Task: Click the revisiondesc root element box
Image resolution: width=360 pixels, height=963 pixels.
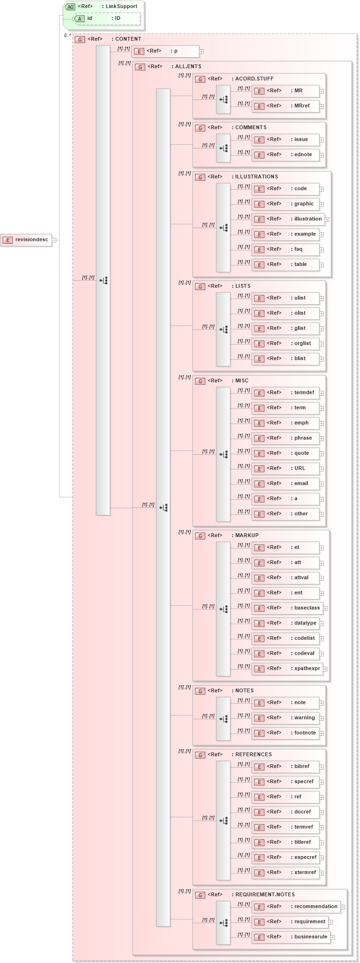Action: pos(26,240)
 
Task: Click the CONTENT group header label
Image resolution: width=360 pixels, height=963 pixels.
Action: pos(128,39)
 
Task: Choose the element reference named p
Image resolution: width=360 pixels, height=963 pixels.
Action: pos(166,51)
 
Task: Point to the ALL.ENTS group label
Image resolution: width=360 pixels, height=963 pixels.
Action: pos(188,67)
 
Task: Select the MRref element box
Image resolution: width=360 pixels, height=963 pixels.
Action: pos(286,106)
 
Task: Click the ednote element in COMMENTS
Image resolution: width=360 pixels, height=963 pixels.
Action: pos(286,155)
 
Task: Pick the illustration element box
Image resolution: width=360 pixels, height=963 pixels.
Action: pos(288,219)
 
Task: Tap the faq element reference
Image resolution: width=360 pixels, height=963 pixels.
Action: pos(286,249)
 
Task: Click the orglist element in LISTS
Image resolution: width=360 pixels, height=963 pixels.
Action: pos(286,344)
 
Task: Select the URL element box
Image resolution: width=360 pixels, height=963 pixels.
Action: pos(286,468)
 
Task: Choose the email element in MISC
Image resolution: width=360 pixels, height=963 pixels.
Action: pos(286,484)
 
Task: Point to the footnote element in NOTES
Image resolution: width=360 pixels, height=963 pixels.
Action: pos(286,733)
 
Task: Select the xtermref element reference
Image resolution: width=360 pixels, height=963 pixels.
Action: pos(286,873)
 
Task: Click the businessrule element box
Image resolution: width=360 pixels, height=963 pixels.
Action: pos(291,937)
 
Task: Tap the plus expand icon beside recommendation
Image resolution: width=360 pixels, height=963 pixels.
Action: pos(343,907)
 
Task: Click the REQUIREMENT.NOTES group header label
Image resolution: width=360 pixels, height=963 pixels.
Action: pos(264,895)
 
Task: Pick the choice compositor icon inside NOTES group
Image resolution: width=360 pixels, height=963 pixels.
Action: pos(223,719)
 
